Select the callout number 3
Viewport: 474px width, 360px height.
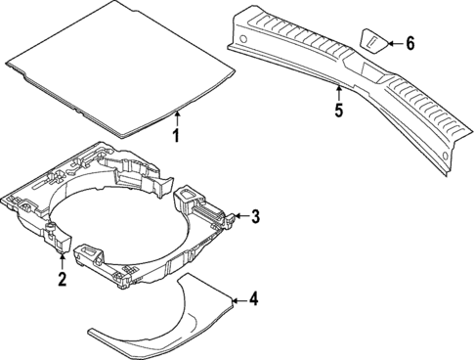[255, 217]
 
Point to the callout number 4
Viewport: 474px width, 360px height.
[253, 300]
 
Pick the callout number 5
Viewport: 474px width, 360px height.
[338, 112]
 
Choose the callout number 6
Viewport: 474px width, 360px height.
[410, 42]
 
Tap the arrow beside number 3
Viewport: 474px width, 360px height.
[240, 216]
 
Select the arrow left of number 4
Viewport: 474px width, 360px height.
[238, 299]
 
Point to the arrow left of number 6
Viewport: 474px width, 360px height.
[393, 42]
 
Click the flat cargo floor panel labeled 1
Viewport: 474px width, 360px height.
[117, 64]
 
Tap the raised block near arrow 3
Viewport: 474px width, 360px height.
[191, 203]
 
